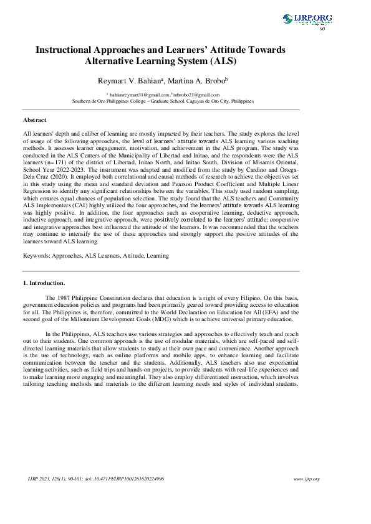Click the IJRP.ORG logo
pyautogui.click(x=307, y=19)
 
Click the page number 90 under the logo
pyautogui.click(x=322, y=29)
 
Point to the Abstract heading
pyautogui.click(x=34, y=119)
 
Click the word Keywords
pyautogui.click(x=37, y=256)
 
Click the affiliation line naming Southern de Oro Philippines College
pyautogui.click(x=163, y=100)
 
